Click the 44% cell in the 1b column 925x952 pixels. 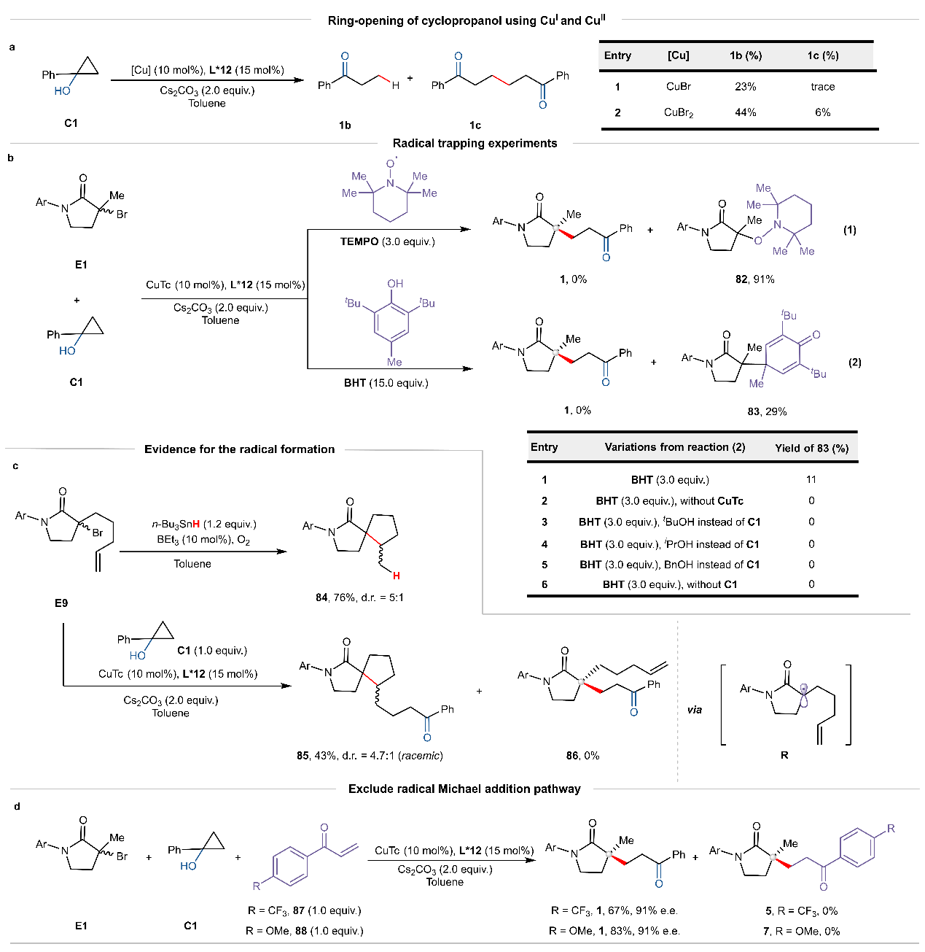click(x=745, y=112)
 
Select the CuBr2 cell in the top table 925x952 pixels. click(x=678, y=113)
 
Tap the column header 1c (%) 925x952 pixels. click(x=822, y=55)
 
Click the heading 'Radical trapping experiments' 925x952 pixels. click(x=475, y=143)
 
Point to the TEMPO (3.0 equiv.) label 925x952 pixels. click(x=387, y=241)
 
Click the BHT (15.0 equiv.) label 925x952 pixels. click(x=386, y=383)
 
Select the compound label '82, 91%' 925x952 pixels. click(x=754, y=279)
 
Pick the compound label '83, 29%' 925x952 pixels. click(x=767, y=411)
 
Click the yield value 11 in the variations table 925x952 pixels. click(x=811, y=479)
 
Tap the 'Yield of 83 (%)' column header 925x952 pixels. click(x=811, y=448)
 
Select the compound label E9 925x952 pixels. click(x=61, y=603)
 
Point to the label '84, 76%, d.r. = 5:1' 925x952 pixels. click(x=359, y=597)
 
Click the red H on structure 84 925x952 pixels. click(x=396, y=576)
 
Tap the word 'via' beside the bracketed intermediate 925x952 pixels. click(x=695, y=709)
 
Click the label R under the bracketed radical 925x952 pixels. click(x=784, y=755)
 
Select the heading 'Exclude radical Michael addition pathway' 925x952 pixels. click(x=464, y=789)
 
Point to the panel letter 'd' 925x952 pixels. click(x=17, y=806)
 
